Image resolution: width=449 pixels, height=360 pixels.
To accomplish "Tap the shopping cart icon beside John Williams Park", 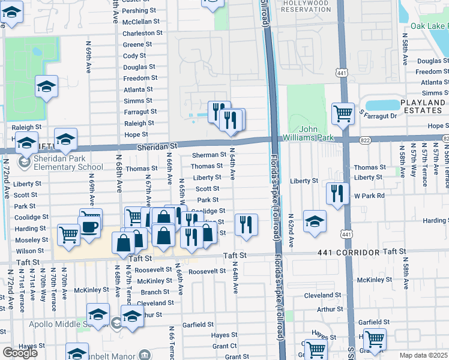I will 343,112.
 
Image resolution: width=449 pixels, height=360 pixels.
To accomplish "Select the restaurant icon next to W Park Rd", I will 337,193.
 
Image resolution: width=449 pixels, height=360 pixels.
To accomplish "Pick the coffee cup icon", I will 90,227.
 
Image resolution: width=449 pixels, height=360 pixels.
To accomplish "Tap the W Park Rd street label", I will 368,196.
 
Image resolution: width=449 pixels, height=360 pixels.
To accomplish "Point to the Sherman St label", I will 208,155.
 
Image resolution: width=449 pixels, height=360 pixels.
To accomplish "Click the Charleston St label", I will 142,33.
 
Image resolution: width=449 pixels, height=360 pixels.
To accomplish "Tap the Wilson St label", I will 30,251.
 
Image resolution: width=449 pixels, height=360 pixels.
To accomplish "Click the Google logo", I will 20,353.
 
